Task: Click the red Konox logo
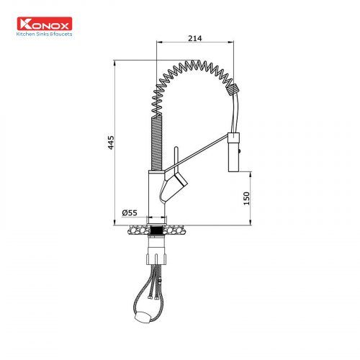click(45, 24)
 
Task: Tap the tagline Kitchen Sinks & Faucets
click(44, 34)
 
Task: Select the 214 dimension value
click(195, 38)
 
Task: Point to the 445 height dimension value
click(111, 143)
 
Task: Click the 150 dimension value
click(246, 198)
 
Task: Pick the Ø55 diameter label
click(130, 212)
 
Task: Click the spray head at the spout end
click(233, 152)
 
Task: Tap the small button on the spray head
click(239, 151)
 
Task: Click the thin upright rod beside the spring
click(176, 156)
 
